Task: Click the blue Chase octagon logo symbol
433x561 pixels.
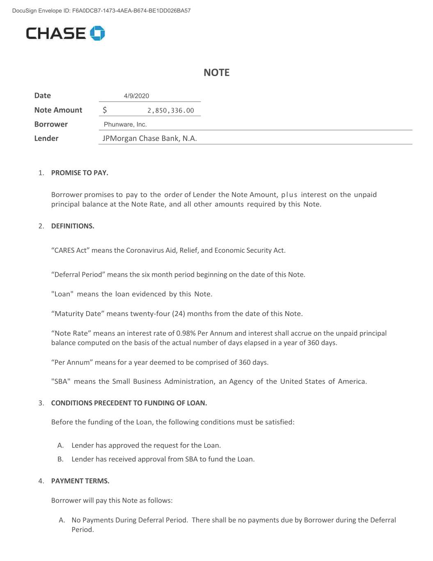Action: (98, 33)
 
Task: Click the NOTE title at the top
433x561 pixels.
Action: (216, 73)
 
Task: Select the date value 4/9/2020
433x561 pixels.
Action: (136, 96)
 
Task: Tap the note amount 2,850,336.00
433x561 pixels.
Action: (170, 111)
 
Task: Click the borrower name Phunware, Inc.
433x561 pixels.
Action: (125, 125)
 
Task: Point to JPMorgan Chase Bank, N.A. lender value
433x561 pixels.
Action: (149, 139)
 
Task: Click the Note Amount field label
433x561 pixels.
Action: (58, 110)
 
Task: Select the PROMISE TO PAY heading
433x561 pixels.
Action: (80, 173)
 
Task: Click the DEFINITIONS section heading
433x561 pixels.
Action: (73, 226)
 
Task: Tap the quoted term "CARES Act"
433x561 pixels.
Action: (70, 250)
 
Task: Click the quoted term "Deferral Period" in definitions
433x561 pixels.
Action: (78, 275)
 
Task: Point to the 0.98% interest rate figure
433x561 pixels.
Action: (186, 333)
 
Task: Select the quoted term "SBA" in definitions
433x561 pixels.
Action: (61, 381)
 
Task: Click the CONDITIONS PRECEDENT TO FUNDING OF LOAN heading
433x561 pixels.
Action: (129, 403)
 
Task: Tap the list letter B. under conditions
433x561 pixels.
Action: (60, 459)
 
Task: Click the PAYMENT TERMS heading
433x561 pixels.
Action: (80, 481)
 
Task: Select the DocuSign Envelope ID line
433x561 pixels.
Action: (101, 11)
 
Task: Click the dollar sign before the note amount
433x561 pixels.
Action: (105, 110)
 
